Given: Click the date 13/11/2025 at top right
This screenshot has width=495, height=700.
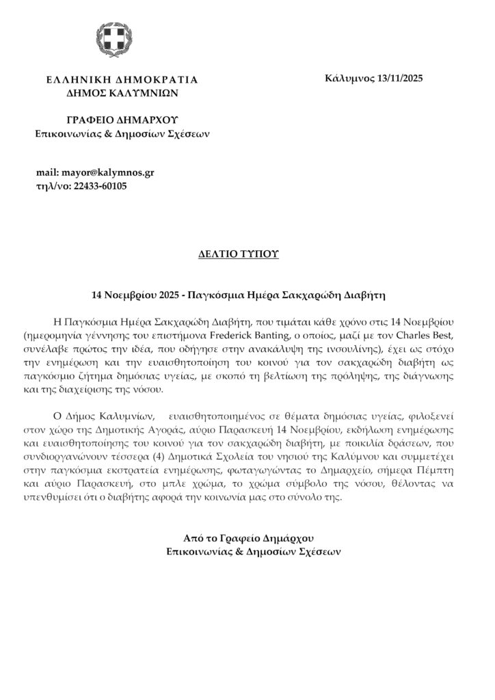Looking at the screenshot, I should [400, 79].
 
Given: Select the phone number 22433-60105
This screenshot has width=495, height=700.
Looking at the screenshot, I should [98, 186].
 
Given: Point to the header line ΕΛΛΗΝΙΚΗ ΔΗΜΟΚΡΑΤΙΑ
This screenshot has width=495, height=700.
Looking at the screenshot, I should [122, 79].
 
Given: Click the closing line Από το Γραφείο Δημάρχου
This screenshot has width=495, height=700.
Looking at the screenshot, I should [247, 537].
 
